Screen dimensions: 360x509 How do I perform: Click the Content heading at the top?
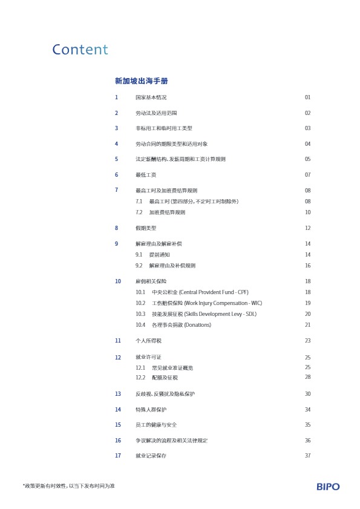click(x=80, y=50)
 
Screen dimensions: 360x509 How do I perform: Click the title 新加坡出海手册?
click(x=142, y=81)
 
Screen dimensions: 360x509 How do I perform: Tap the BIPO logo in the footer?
click(x=328, y=487)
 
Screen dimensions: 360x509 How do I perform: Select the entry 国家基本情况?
click(x=151, y=97)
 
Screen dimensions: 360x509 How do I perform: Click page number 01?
click(x=307, y=97)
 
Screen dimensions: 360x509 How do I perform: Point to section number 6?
click(x=116, y=175)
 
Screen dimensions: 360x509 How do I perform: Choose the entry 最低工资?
click(x=146, y=175)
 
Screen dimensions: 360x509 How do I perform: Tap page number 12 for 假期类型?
click(x=307, y=228)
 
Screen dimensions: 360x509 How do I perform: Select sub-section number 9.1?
click(x=139, y=255)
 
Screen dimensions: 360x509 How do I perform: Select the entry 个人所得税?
click(x=148, y=341)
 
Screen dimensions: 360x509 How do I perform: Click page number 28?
click(x=307, y=378)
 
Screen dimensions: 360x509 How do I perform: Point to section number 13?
click(x=118, y=394)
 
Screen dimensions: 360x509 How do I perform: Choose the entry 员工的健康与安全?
click(x=156, y=425)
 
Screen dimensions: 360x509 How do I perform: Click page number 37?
click(x=307, y=456)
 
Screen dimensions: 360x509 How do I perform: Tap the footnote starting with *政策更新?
click(x=68, y=487)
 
